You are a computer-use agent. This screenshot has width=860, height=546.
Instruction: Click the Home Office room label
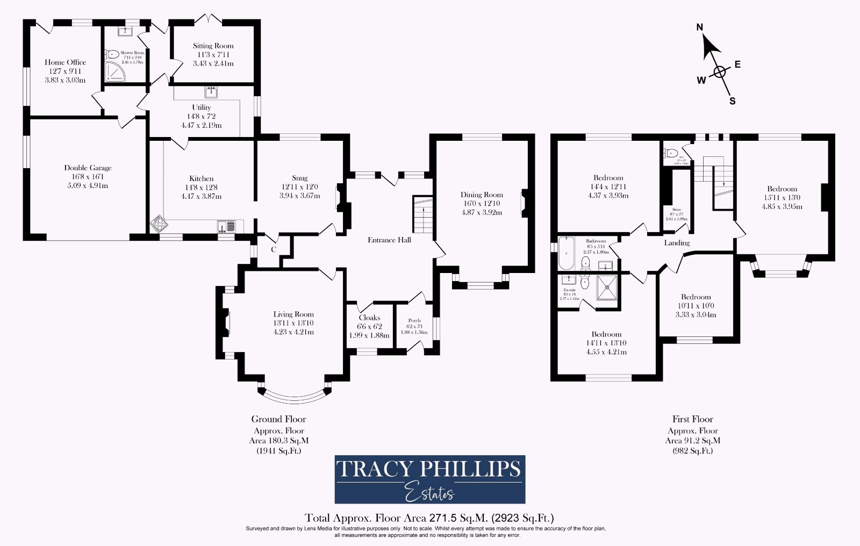(x=65, y=62)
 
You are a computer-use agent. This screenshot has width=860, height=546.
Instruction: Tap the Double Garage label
(x=88, y=168)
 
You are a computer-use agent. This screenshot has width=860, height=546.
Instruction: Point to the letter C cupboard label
(x=273, y=249)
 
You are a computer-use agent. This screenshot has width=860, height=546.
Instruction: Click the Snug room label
(x=299, y=178)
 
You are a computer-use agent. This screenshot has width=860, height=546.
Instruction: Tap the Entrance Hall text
(x=389, y=240)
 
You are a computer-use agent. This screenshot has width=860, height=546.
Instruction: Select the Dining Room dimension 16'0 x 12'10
(x=481, y=204)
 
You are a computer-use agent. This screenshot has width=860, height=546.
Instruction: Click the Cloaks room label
(x=369, y=318)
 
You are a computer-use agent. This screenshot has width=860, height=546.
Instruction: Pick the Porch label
(x=414, y=321)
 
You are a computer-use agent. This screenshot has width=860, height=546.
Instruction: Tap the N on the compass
(x=700, y=27)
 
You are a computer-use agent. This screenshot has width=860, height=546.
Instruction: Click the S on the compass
(x=732, y=101)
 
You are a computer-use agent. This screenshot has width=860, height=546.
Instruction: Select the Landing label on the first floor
(x=677, y=243)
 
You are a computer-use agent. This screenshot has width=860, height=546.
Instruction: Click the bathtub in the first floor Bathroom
(x=566, y=254)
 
